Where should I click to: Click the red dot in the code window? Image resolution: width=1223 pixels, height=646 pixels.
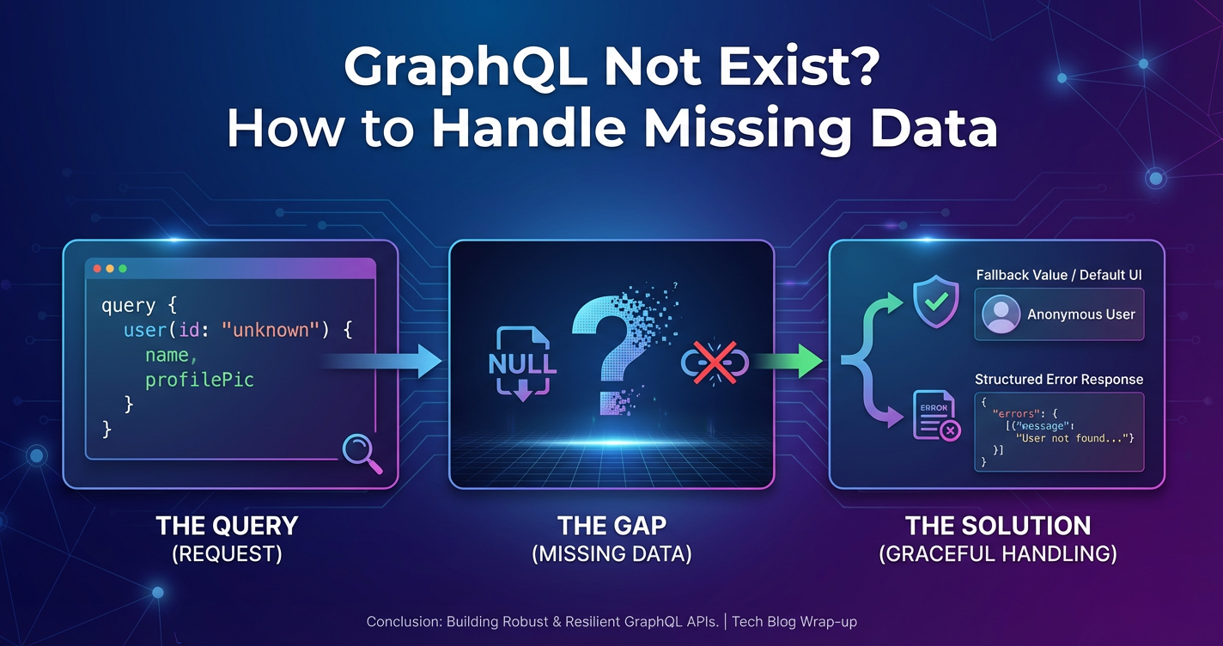click(x=97, y=269)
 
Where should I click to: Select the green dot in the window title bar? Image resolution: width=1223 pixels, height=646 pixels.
click(x=123, y=269)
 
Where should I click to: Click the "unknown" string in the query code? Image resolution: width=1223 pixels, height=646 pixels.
click(x=271, y=330)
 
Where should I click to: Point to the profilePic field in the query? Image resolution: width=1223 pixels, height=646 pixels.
click(x=199, y=380)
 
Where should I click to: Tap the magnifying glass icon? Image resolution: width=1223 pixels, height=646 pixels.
click(x=362, y=453)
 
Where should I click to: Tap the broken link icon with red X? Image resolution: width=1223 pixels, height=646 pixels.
click(x=715, y=362)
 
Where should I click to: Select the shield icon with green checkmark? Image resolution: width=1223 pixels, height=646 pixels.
click(x=936, y=302)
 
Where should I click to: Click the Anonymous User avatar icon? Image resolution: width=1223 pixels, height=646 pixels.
click(x=1001, y=314)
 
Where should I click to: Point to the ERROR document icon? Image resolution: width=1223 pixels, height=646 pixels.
click(x=936, y=416)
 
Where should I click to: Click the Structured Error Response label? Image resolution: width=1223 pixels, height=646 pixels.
click(x=1059, y=379)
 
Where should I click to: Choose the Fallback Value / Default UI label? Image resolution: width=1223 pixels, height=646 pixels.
click(x=1059, y=275)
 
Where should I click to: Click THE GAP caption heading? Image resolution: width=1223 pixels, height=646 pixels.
click(x=611, y=526)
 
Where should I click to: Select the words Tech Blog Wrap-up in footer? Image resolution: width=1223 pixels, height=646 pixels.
click(x=794, y=621)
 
